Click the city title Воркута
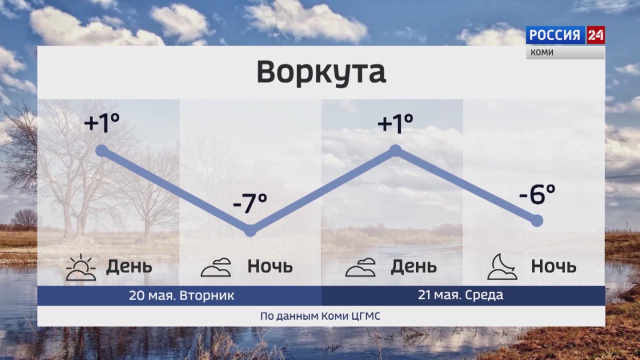tap(321, 72)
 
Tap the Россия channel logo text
tap(555, 35)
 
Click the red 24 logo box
tap(595, 35)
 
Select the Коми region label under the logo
tap(542, 52)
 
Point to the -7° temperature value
tap(250, 203)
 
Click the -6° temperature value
tap(537, 194)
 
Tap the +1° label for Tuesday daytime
tap(101, 122)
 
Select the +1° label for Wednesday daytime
tap(395, 122)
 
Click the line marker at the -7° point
tap(250, 230)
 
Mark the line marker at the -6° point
tap(537, 220)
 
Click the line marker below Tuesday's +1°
tap(101, 150)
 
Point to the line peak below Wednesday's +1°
tap(395, 150)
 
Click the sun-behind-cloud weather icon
tap(81, 267)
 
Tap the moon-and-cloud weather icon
tap(502, 266)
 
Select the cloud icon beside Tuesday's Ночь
tap(216, 267)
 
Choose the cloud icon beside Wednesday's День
tap(360, 267)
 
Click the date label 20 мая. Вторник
tap(181, 295)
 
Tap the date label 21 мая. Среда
tap(460, 295)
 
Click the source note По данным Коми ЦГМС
tap(320, 316)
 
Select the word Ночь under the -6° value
tap(553, 266)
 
